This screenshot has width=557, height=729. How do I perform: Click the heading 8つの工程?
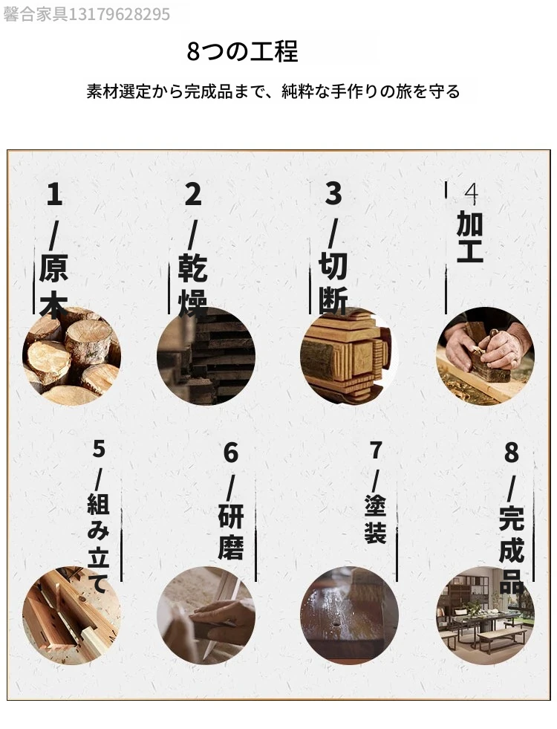[x=242, y=51]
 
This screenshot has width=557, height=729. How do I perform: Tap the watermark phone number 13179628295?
[x=119, y=14]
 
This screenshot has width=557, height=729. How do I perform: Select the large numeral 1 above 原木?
[x=54, y=195]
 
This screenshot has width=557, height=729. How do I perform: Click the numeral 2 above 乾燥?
[x=193, y=195]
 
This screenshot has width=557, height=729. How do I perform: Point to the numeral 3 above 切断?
[x=333, y=193]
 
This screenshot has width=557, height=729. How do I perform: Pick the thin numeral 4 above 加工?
[x=471, y=195]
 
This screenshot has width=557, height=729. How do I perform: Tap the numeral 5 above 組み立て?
[x=99, y=449]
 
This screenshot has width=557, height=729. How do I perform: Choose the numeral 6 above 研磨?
[x=231, y=453]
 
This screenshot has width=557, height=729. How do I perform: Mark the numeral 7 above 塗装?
[x=376, y=450]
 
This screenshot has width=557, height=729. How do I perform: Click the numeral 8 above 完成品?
[x=512, y=453]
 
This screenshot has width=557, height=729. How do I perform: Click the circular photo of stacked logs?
[x=71, y=356]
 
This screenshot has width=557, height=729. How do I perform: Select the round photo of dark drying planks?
[x=206, y=356]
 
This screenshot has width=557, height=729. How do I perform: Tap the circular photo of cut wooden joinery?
[x=349, y=356]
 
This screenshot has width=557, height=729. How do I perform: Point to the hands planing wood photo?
[x=486, y=356]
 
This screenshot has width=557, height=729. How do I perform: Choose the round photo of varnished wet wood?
[x=349, y=615]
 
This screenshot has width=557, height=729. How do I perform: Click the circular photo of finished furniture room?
[x=486, y=615]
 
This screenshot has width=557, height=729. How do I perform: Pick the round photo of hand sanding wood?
[x=206, y=615]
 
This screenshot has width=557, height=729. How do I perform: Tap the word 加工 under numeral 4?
[x=470, y=236]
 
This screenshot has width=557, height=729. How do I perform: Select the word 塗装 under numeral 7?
[x=375, y=519]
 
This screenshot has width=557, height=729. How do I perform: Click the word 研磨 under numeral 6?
[x=231, y=532]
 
